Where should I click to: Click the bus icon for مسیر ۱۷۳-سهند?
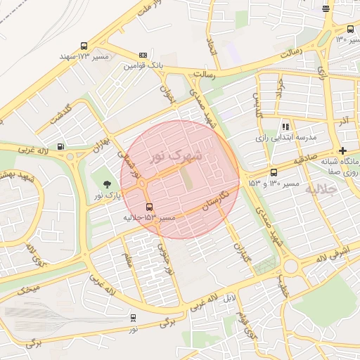tap(85, 46)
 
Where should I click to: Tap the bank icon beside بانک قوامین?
tap(143, 55)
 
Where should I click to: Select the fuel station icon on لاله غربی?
tap(61, 146)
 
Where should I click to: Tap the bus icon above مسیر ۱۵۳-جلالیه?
tap(149, 207)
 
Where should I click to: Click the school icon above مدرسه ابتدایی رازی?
tap(285, 127)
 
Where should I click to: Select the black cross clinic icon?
tap(342, 150)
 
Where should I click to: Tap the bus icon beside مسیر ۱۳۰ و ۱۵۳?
tap(274, 172)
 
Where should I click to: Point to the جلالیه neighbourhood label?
tap(343, 189)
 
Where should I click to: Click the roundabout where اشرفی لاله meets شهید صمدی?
tap(290, 266)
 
